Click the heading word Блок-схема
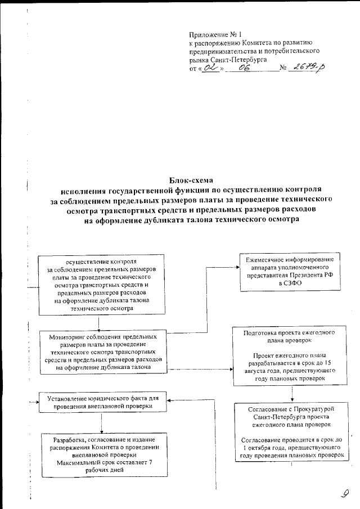pos(192,181)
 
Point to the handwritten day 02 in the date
pos(210,68)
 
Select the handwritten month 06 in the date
pos(244,68)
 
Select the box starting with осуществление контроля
pos(101,285)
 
